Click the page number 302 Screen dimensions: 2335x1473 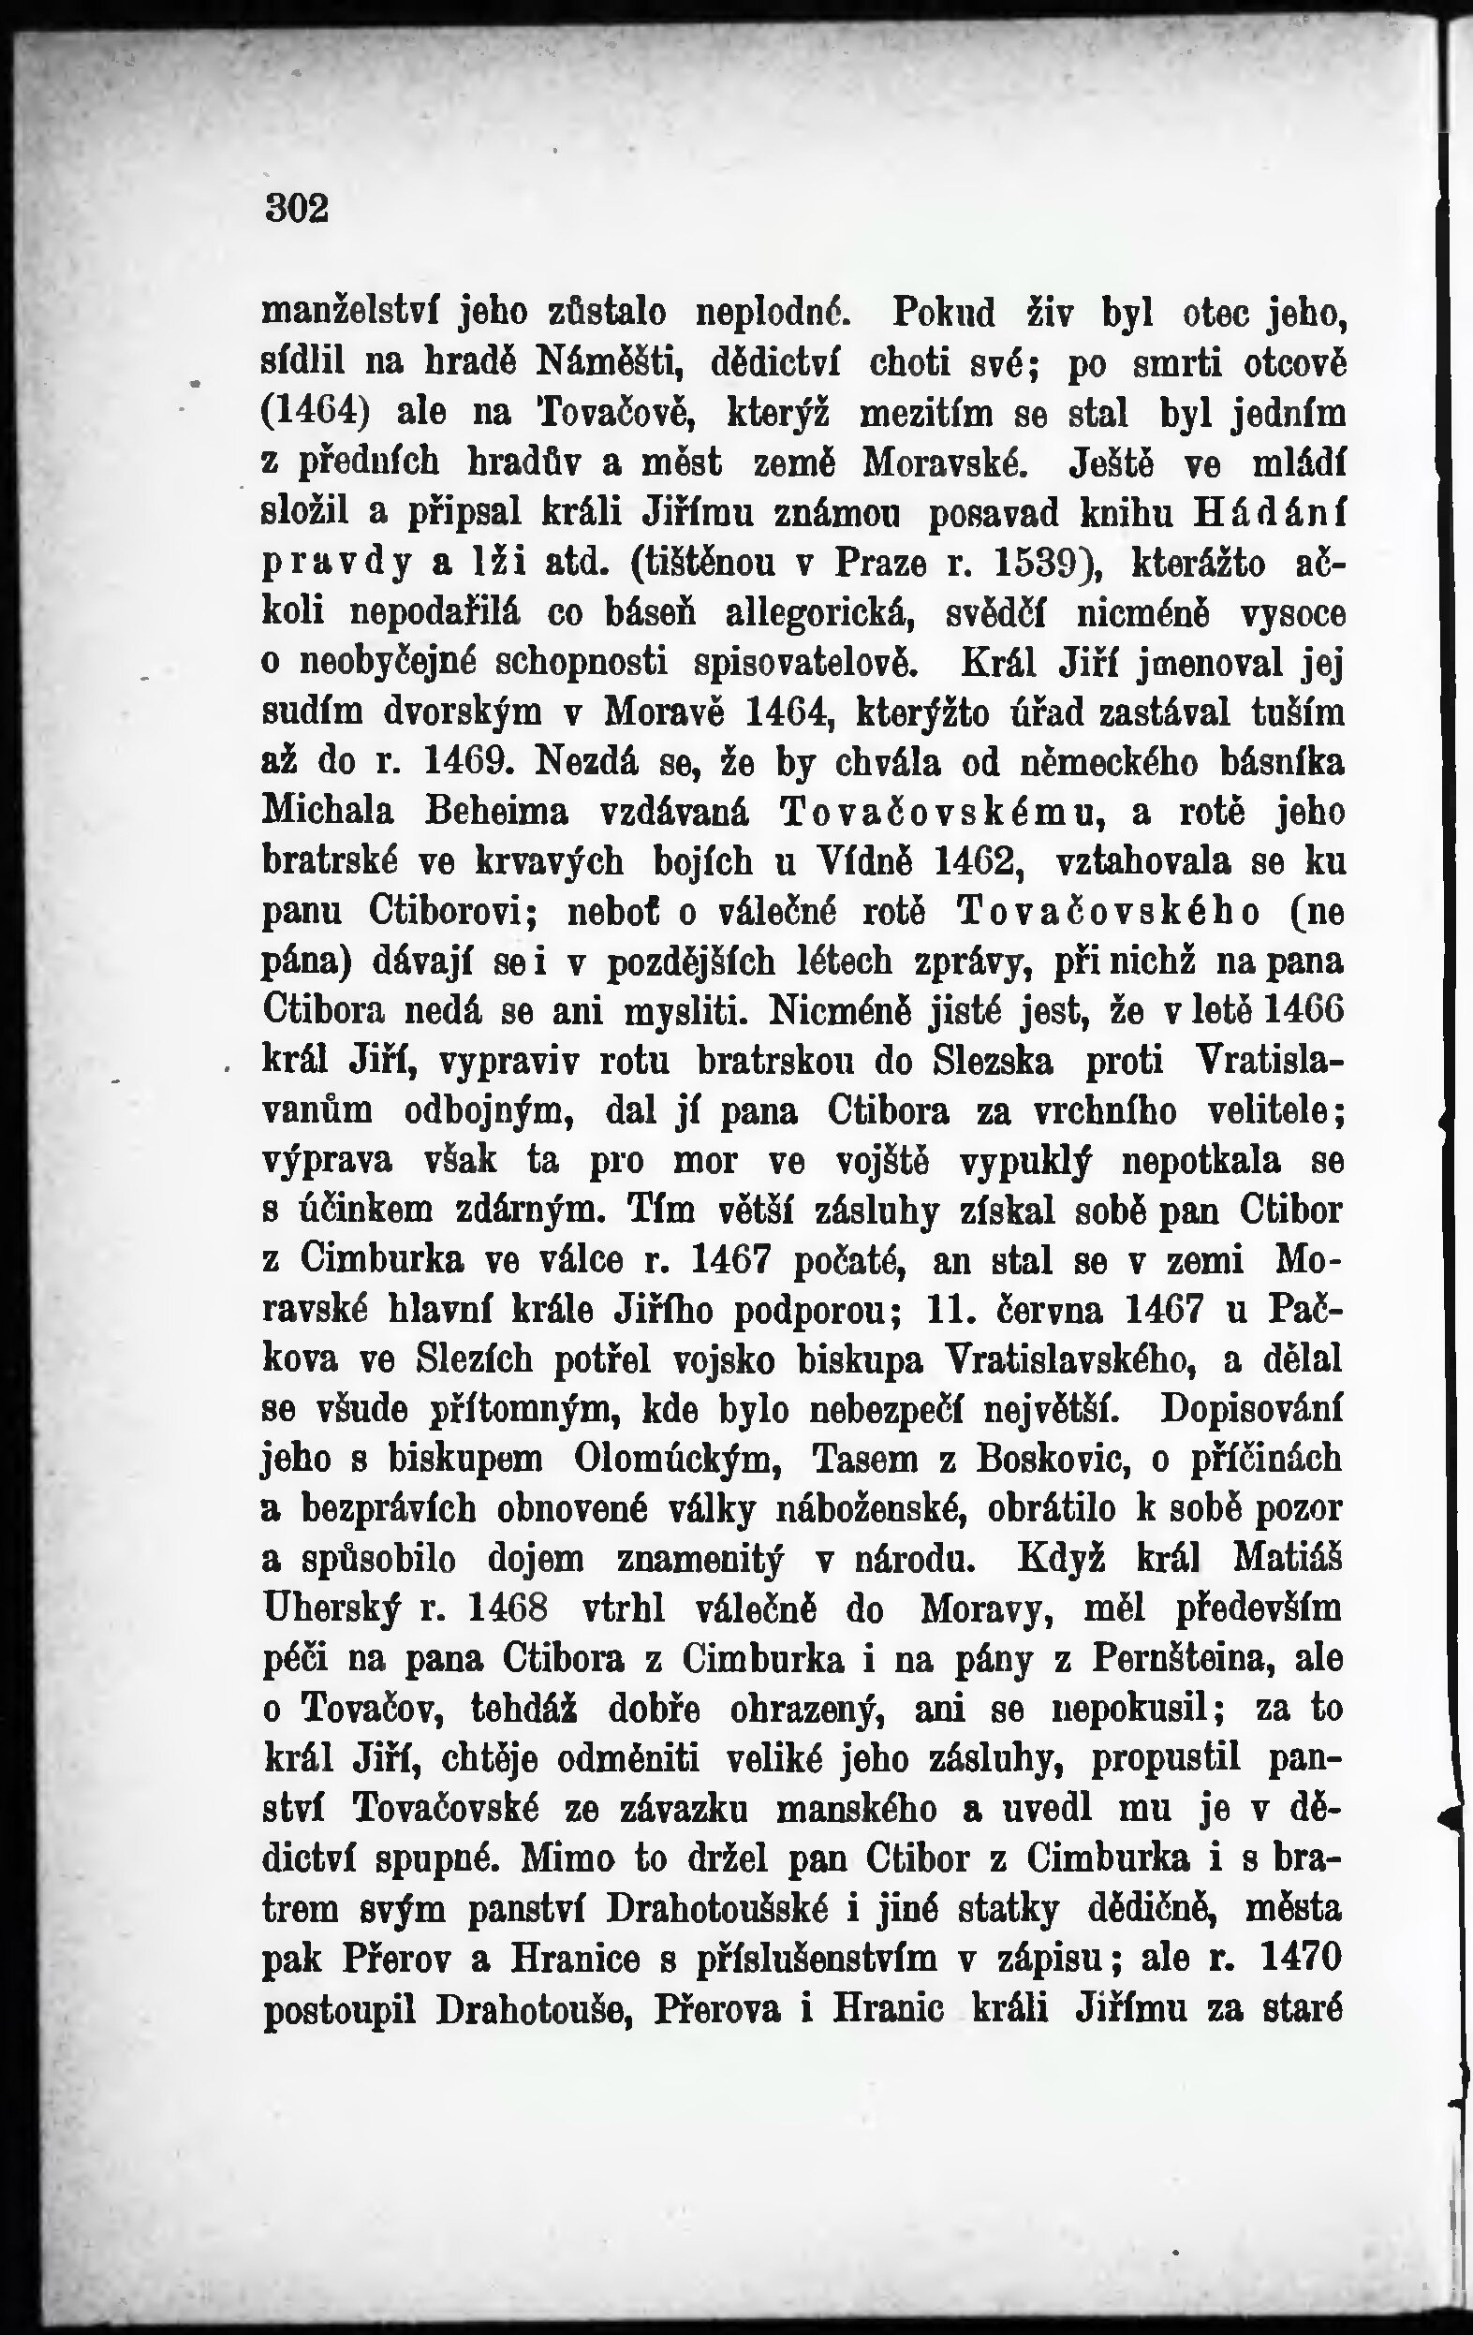(x=297, y=208)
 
